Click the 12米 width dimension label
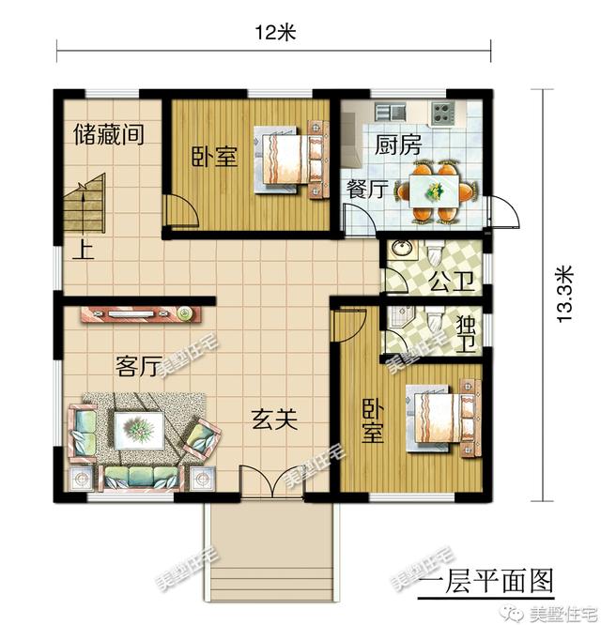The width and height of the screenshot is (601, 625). (x=275, y=33)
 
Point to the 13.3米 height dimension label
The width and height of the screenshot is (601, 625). (x=563, y=294)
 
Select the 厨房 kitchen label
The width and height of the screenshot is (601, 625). (x=397, y=145)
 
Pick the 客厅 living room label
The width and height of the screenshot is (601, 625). (x=136, y=366)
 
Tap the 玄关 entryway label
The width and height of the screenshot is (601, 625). (x=274, y=420)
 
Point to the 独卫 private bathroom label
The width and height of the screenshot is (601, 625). (x=465, y=333)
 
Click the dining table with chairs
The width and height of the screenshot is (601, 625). (x=434, y=191)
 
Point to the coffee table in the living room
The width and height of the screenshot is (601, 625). (x=140, y=430)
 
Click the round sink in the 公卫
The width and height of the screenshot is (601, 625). (x=402, y=252)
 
